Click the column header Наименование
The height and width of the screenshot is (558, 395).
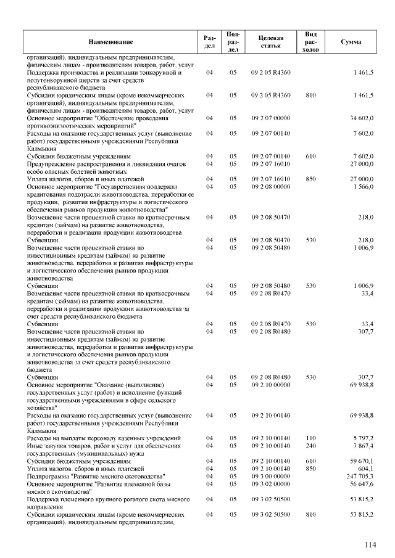point(110,42)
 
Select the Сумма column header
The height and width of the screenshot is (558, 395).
point(351,42)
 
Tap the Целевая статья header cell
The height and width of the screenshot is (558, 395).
point(271,42)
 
